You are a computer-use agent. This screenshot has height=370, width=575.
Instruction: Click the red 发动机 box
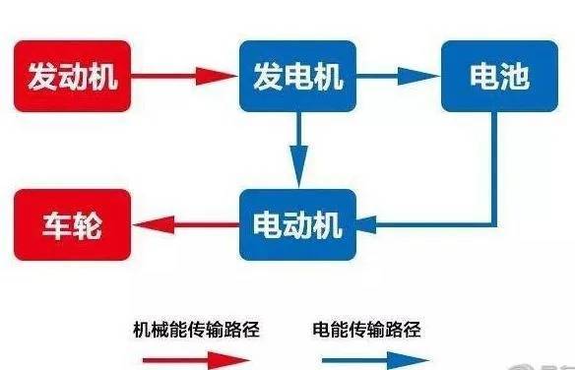(74, 76)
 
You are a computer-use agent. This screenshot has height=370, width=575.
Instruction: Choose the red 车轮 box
(74, 225)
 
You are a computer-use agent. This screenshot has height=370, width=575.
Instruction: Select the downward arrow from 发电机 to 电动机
(297, 148)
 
